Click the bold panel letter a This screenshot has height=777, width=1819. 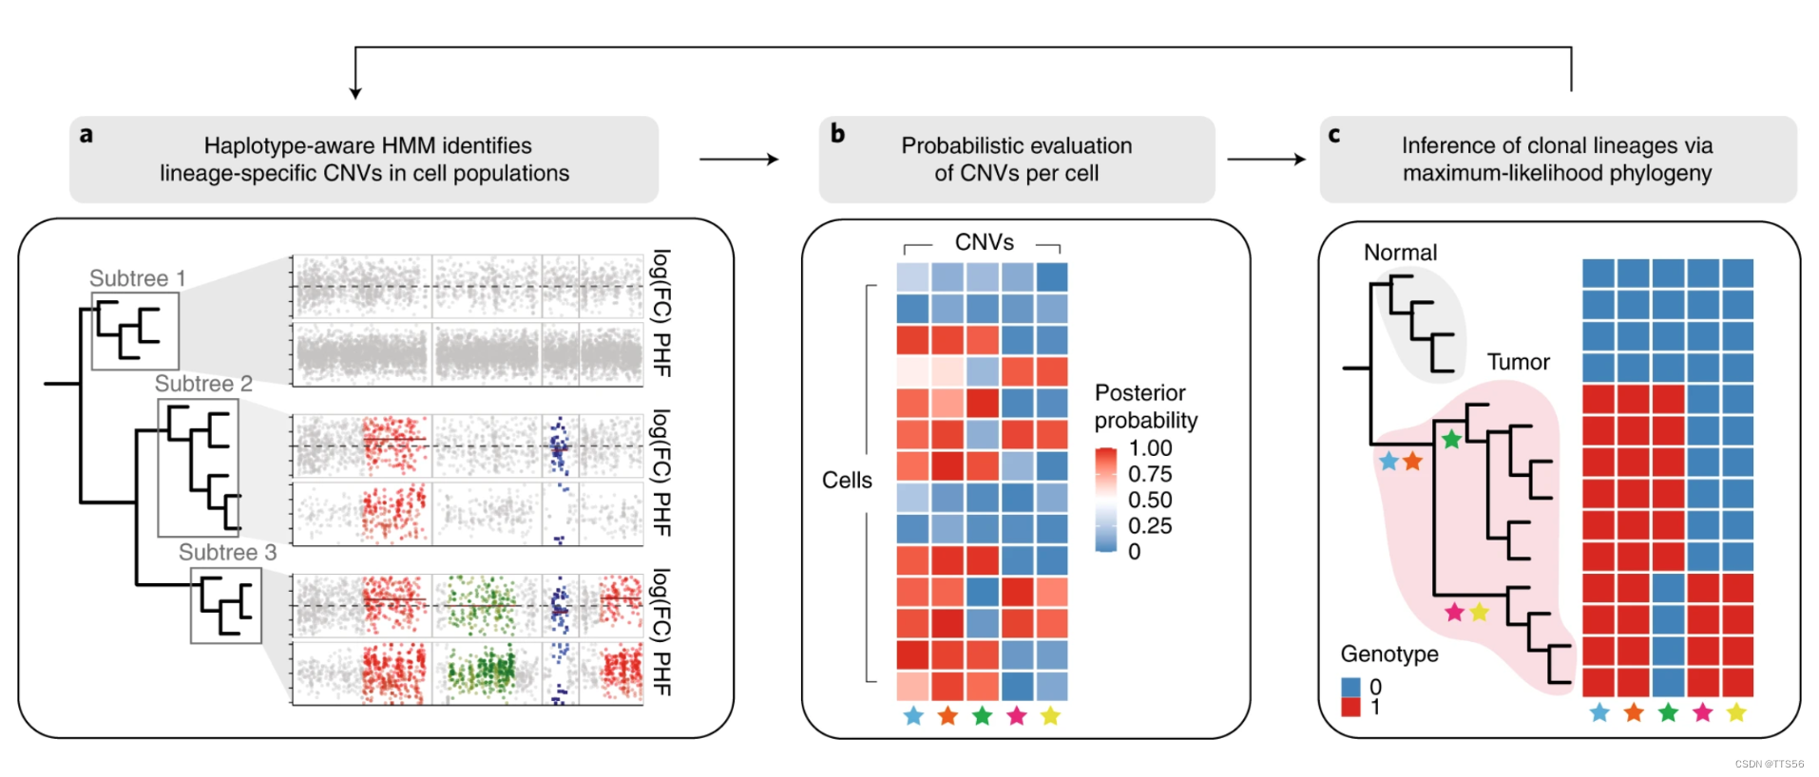pos(86,135)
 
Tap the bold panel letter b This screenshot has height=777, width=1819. pos(837,134)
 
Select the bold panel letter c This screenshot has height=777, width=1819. pos(1334,135)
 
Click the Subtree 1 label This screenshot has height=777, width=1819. pos(137,278)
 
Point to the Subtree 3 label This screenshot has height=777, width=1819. pos(227,552)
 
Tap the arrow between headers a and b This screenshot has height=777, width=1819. pos(738,159)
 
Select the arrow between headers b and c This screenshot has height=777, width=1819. pos(1266,159)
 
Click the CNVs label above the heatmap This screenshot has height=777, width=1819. pos(984,242)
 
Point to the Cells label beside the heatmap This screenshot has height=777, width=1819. pos(847,480)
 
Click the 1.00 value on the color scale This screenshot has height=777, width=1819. pos(1150,448)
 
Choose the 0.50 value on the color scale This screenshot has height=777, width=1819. pos(1150,500)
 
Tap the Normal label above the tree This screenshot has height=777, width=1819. pos(1400,253)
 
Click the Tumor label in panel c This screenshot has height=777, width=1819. pos(1518,362)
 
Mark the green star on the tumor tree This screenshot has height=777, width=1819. pos(1451,439)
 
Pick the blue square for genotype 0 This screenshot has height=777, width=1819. pos(1350,687)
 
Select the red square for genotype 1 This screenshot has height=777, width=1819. pos(1350,707)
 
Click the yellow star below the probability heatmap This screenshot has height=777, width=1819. pos(1050,715)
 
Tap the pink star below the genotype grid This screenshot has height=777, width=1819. pos(1702,712)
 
